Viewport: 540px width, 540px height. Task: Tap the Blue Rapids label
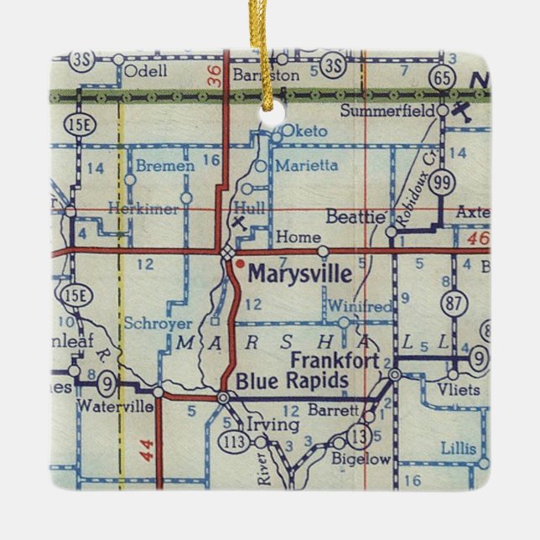(291, 380)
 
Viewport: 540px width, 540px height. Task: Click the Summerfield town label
(388, 111)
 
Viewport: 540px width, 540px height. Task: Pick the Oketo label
(299, 131)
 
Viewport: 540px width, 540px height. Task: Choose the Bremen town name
(165, 166)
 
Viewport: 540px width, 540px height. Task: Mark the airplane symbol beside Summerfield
(461, 111)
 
